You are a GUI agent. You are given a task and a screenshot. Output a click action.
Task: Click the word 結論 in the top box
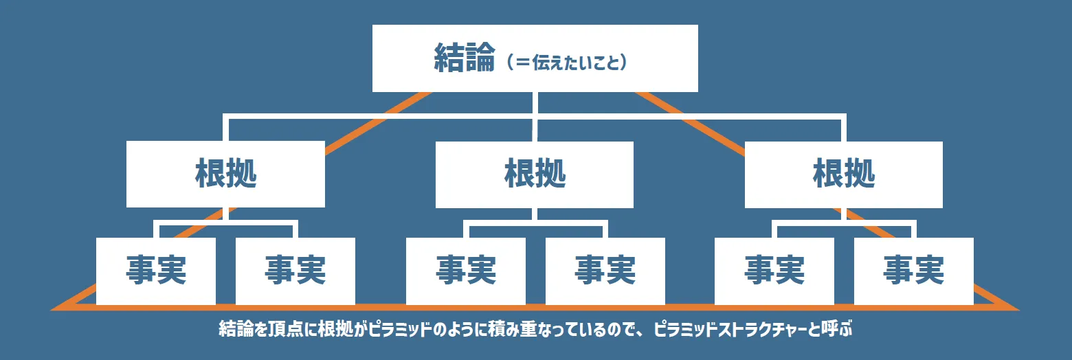pos(465,58)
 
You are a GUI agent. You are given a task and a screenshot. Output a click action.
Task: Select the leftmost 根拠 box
pos(225,175)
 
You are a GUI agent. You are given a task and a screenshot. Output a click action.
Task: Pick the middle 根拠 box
pos(534,175)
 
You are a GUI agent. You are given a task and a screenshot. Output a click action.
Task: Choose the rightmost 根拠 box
pos(843,175)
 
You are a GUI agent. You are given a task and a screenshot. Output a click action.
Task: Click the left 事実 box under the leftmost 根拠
pos(156,271)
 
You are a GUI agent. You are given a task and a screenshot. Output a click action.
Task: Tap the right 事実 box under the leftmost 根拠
pos(295,271)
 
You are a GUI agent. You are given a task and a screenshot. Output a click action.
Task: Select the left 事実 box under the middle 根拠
pos(466,271)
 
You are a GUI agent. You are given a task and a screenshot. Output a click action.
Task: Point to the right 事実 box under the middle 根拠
pos(605,271)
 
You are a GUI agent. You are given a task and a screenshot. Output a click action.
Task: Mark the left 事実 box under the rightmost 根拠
pos(774,271)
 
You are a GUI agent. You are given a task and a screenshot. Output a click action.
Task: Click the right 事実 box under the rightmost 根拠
pos(913,271)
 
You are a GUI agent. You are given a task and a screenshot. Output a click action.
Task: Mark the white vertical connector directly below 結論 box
pos(535,104)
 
